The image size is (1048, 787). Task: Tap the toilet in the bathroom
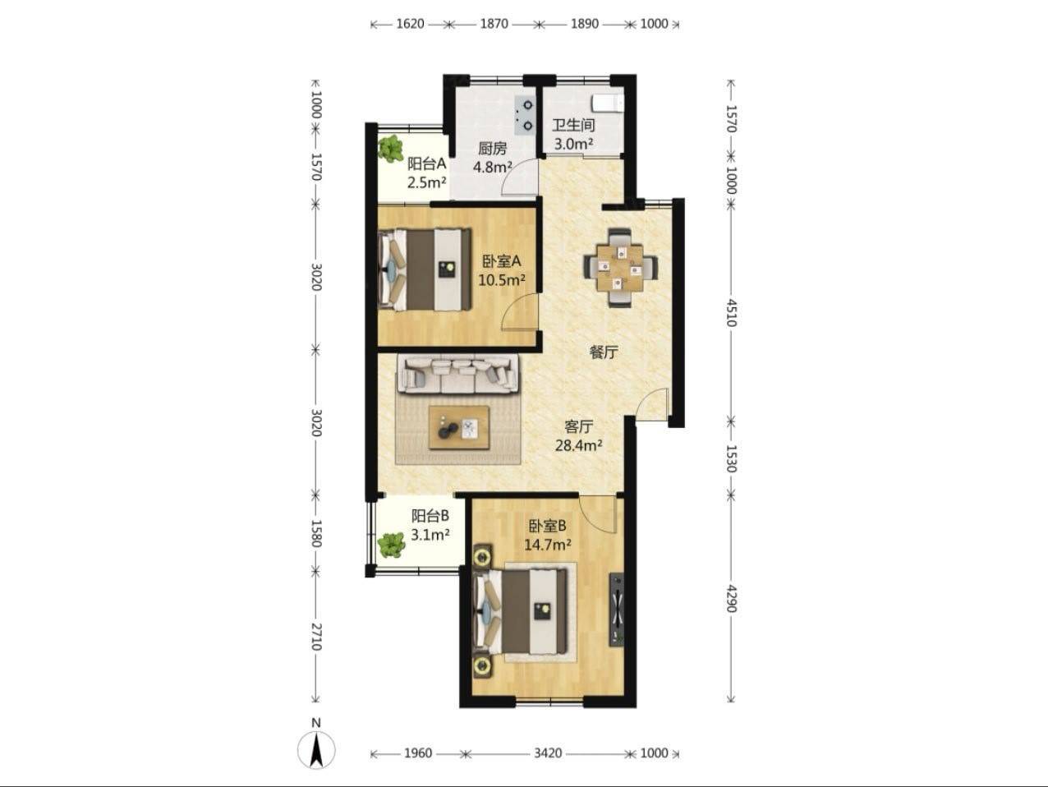click(x=607, y=104)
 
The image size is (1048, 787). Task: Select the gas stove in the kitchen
click(x=524, y=115)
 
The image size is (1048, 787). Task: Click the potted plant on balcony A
click(x=392, y=149)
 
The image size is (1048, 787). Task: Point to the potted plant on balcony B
click(x=392, y=545)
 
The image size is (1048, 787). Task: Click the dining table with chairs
click(x=620, y=268)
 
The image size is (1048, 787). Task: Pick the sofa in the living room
click(x=458, y=375)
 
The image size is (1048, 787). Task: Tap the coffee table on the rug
click(x=459, y=427)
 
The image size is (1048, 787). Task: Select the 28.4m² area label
click(x=578, y=445)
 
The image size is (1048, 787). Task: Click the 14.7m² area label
click(x=548, y=545)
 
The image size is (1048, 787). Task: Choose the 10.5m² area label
click(x=502, y=280)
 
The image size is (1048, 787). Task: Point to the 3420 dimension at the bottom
click(x=548, y=753)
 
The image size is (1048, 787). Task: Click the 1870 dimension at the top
click(x=494, y=23)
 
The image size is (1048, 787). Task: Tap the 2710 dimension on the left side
click(x=316, y=637)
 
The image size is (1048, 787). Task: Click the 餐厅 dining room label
click(x=604, y=352)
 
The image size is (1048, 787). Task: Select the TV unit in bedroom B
click(x=616, y=610)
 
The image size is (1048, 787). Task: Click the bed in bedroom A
click(x=425, y=269)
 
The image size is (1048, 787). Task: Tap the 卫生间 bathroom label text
click(x=573, y=125)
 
